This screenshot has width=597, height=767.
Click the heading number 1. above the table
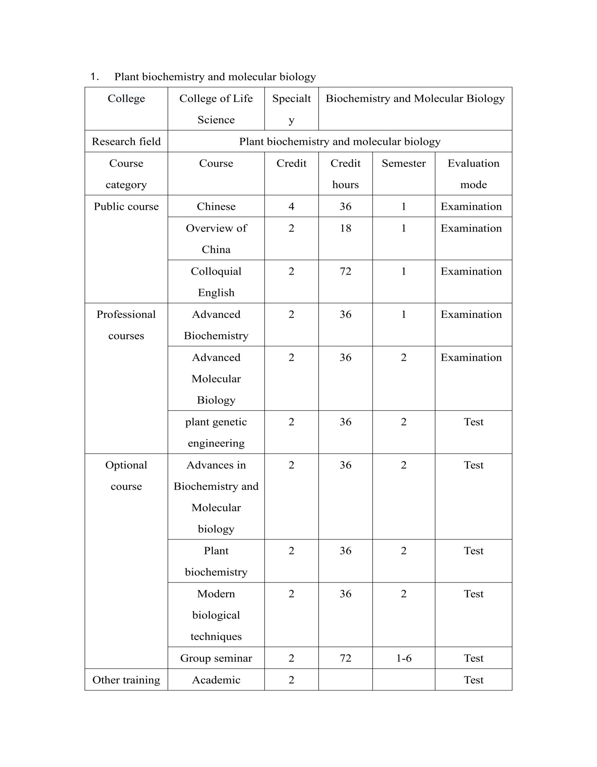(94, 77)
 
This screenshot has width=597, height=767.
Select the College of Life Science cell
(216, 109)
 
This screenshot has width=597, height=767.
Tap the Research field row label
(126, 141)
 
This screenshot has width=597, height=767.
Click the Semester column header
(403, 163)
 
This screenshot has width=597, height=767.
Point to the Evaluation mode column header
(473, 174)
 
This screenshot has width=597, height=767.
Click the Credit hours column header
(345, 174)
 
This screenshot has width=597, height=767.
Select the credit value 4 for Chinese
(291, 207)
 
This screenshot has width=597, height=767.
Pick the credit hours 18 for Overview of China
(345, 228)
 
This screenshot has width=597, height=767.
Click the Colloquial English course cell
(216, 282)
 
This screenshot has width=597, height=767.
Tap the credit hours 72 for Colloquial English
(345, 271)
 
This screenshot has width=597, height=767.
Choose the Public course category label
(126, 207)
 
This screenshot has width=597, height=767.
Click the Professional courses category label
(126, 325)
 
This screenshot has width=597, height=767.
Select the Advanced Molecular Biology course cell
(216, 378)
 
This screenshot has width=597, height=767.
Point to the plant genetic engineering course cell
(216, 432)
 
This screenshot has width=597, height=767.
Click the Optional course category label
(126, 475)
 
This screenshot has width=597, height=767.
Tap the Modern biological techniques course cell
(216, 615)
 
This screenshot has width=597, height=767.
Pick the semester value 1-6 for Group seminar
(403, 658)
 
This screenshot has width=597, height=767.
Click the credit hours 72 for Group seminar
(345, 658)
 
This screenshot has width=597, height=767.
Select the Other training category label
(126, 680)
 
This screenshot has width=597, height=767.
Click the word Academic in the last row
(216, 680)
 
